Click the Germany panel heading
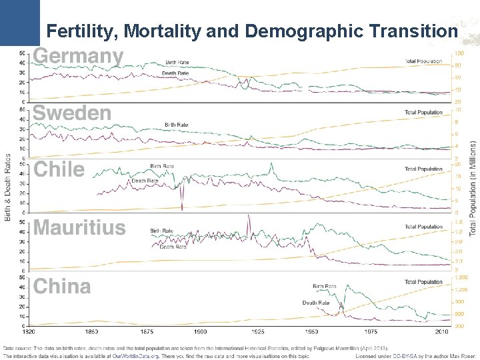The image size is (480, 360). [x=79, y=57]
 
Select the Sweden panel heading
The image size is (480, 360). [x=72, y=114]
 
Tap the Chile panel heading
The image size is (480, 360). [x=59, y=170]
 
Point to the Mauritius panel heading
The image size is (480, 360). [x=79, y=228]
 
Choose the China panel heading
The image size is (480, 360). [x=62, y=287]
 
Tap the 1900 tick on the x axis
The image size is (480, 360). [x=200, y=331]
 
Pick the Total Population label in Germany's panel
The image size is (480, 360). [x=423, y=62]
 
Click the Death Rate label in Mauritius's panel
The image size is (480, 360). [x=173, y=247]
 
